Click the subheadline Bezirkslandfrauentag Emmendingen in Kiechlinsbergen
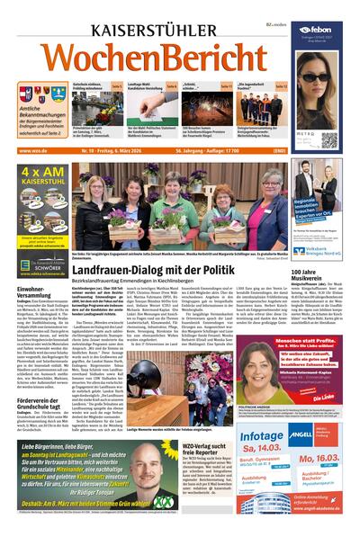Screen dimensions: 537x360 171,256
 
